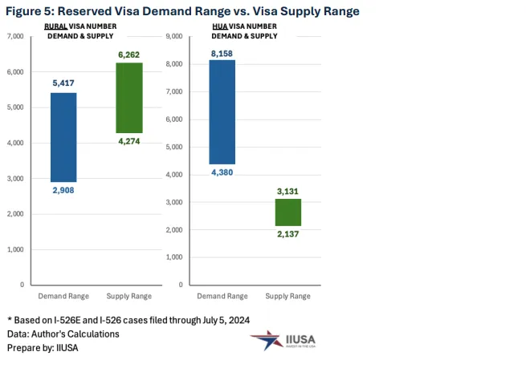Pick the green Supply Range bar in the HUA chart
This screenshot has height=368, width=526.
coord(287,212)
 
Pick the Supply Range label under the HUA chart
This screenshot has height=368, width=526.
coord(287,297)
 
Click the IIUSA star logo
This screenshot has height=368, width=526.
coord(264,339)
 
